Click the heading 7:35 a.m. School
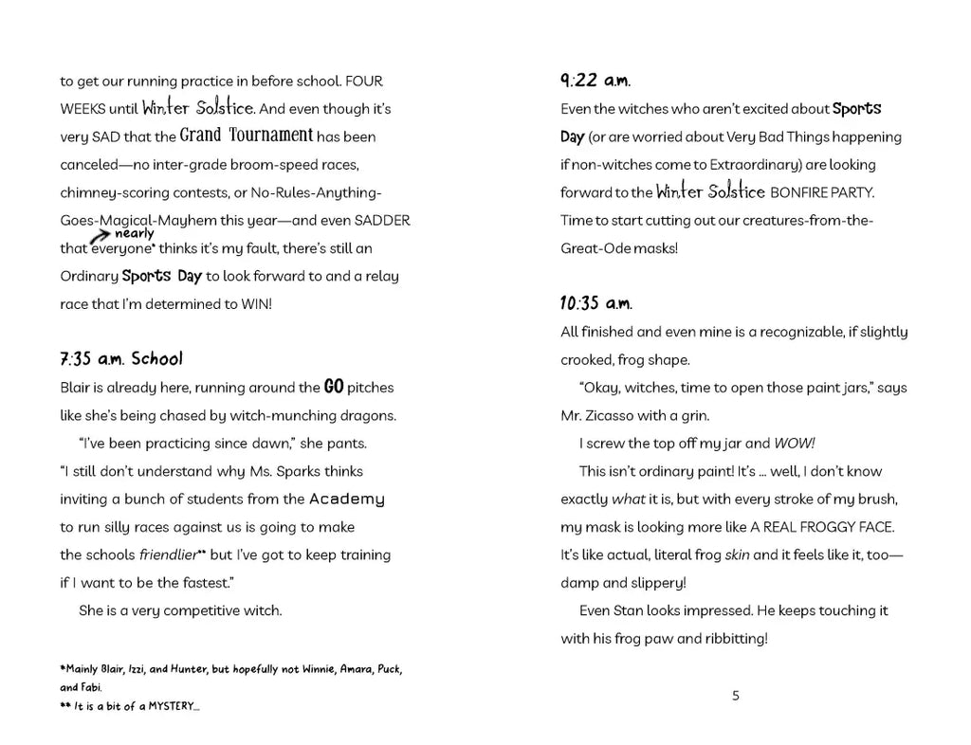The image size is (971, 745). [120, 359]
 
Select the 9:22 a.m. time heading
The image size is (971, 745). [595, 81]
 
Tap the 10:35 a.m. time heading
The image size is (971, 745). [595, 303]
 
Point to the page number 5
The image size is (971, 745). [736, 695]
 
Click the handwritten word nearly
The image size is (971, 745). [134, 233]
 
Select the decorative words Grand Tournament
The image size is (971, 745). [247, 136]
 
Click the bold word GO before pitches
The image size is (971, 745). [333, 387]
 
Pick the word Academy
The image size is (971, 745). [347, 499]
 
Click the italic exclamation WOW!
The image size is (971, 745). [795, 443]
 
